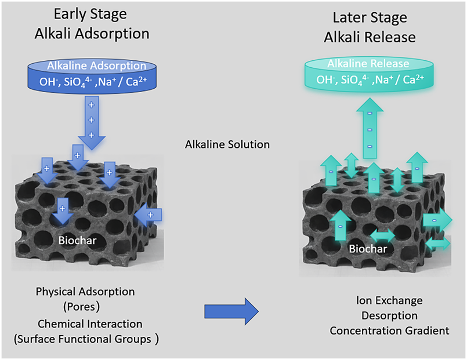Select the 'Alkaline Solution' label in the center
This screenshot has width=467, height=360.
point(227,144)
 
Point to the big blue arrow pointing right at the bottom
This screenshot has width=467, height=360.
point(231,312)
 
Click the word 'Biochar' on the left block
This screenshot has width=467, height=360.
point(76,238)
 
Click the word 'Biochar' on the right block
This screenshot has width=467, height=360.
point(368,249)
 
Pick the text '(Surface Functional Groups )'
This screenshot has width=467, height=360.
point(85,339)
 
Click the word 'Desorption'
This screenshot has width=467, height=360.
point(389,315)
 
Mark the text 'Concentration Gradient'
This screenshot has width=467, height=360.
point(389,330)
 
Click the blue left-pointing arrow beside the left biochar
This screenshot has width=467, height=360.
point(145,216)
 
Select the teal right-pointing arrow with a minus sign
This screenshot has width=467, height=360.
point(437,220)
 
